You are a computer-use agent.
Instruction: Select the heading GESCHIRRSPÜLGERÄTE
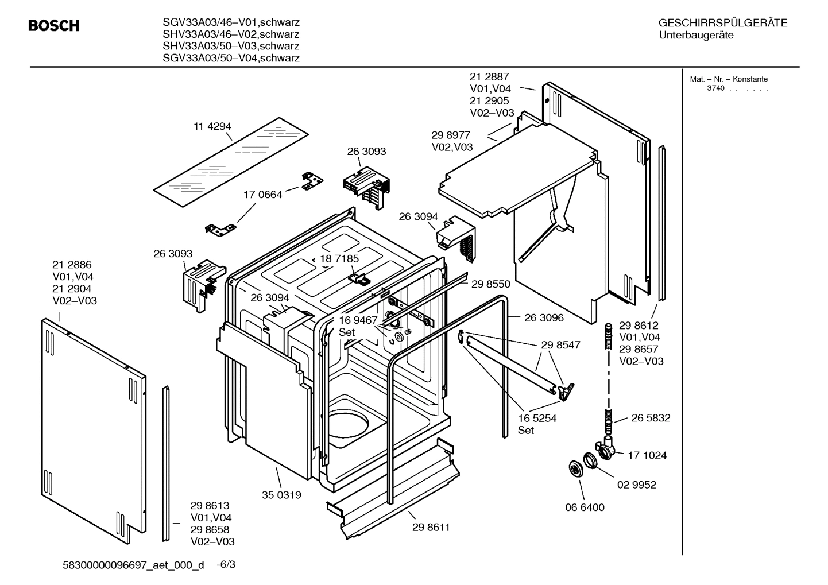[x=722, y=23]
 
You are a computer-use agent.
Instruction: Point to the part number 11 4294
[x=212, y=126]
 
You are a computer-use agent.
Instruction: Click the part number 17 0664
[x=263, y=195]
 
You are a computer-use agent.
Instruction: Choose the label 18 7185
[x=339, y=258]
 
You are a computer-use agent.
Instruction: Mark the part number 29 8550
[x=491, y=284]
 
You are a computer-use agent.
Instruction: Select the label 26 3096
[x=544, y=317]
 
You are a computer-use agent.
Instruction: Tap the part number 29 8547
[x=560, y=345]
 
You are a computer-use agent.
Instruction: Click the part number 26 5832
[x=651, y=418]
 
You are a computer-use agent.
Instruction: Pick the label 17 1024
[x=647, y=455]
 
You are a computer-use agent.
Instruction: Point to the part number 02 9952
[x=636, y=485]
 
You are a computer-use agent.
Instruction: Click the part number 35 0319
[x=281, y=495]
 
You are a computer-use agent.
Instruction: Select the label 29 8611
[x=431, y=527]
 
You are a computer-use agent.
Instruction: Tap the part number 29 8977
[x=451, y=135]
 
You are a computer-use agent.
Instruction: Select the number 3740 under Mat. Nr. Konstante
[x=715, y=88]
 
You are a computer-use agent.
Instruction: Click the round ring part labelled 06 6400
[x=574, y=468]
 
